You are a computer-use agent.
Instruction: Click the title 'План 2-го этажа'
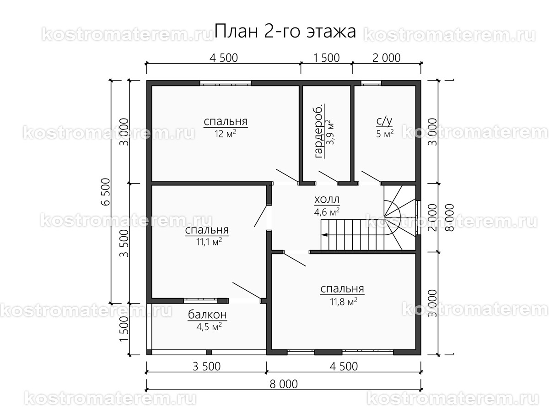(285, 32)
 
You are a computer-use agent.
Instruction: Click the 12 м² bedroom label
(226, 127)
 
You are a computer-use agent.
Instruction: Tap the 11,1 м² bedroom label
(207, 235)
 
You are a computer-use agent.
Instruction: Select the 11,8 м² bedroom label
(342, 294)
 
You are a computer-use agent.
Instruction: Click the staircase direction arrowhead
(324, 234)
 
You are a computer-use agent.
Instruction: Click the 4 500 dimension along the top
(223, 58)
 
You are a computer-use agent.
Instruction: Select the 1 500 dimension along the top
(326, 58)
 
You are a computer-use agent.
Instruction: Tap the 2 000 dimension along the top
(387, 58)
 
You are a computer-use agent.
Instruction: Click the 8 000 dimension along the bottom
(284, 384)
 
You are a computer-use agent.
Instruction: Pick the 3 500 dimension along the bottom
(207, 366)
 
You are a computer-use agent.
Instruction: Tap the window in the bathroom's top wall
(371, 83)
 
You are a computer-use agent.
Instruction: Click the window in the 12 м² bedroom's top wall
(225, 83)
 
